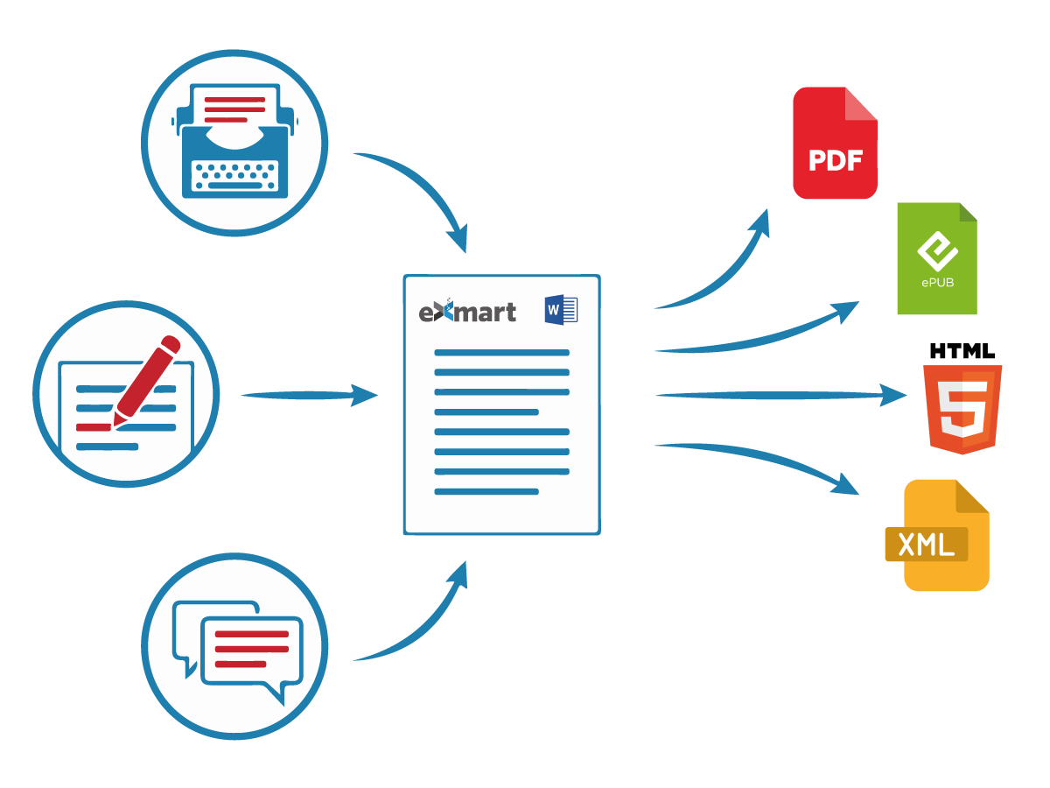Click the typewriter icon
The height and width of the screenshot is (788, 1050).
pos(234,142)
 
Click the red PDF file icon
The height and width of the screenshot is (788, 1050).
pos(835,143)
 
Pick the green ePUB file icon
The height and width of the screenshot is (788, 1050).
pos(936,259)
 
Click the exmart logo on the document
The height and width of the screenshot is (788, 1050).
pos(467,312)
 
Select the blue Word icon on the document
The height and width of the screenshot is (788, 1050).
pos(561,310)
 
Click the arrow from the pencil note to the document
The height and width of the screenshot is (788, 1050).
pos(306,395)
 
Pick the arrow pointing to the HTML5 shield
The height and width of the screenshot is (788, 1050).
pos(779,395)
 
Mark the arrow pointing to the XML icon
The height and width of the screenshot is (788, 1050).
pos(761,460)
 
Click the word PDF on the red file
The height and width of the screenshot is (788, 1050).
pos(835,161)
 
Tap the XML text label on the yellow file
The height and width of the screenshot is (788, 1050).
pos(926,545)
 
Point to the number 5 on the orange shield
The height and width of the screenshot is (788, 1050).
pos(962,407)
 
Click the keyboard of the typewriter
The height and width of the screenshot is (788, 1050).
pos(234,174)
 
